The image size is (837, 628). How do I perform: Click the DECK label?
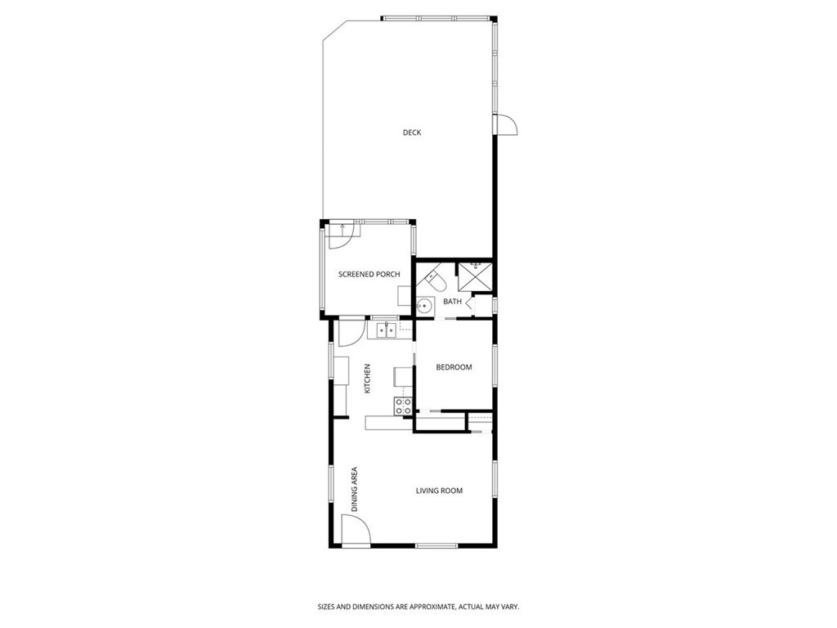click(412, 132)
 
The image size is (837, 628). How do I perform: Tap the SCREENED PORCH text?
click(369, 274)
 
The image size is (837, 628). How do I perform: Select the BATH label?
click(452, 302)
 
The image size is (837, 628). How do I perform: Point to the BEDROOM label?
click(454, 367)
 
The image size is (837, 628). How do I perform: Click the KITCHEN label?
click(368, 379)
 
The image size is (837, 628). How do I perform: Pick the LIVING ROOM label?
click(439, 491)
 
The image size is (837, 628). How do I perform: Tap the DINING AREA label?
click(355, 489)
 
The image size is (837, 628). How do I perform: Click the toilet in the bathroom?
click(436, 282)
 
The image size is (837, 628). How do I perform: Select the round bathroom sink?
click(423, 307)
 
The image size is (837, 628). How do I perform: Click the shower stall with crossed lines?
click(474, 276)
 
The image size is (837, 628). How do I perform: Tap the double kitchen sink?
click(385, 330)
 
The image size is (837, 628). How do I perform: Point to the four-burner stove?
click(402, 406)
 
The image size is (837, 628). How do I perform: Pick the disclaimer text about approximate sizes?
click(418, 607)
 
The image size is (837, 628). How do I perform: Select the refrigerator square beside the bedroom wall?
click(404, 375)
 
